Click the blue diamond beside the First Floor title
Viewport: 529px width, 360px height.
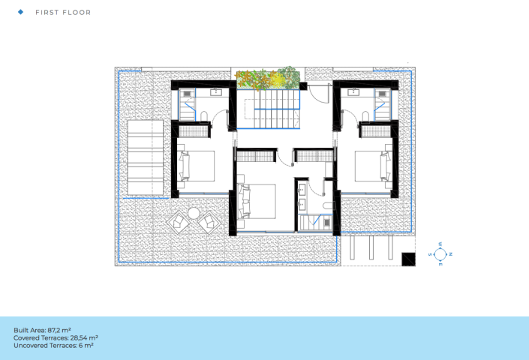20,12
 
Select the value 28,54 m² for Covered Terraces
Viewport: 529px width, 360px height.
84,337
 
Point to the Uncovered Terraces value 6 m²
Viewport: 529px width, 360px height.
86,346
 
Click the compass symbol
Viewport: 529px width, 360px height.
440,254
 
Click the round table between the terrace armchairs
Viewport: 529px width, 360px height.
194,213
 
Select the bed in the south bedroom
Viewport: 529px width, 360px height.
196,166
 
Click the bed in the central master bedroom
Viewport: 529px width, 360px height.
257,201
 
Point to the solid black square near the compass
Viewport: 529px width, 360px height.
408,259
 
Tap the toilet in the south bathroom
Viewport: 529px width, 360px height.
203,116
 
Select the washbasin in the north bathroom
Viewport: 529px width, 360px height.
353,92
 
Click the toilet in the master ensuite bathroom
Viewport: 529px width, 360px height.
328,206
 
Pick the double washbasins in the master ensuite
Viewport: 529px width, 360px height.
302,196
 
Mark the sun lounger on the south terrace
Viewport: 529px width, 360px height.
146,157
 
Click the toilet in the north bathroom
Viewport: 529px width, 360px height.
365,116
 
